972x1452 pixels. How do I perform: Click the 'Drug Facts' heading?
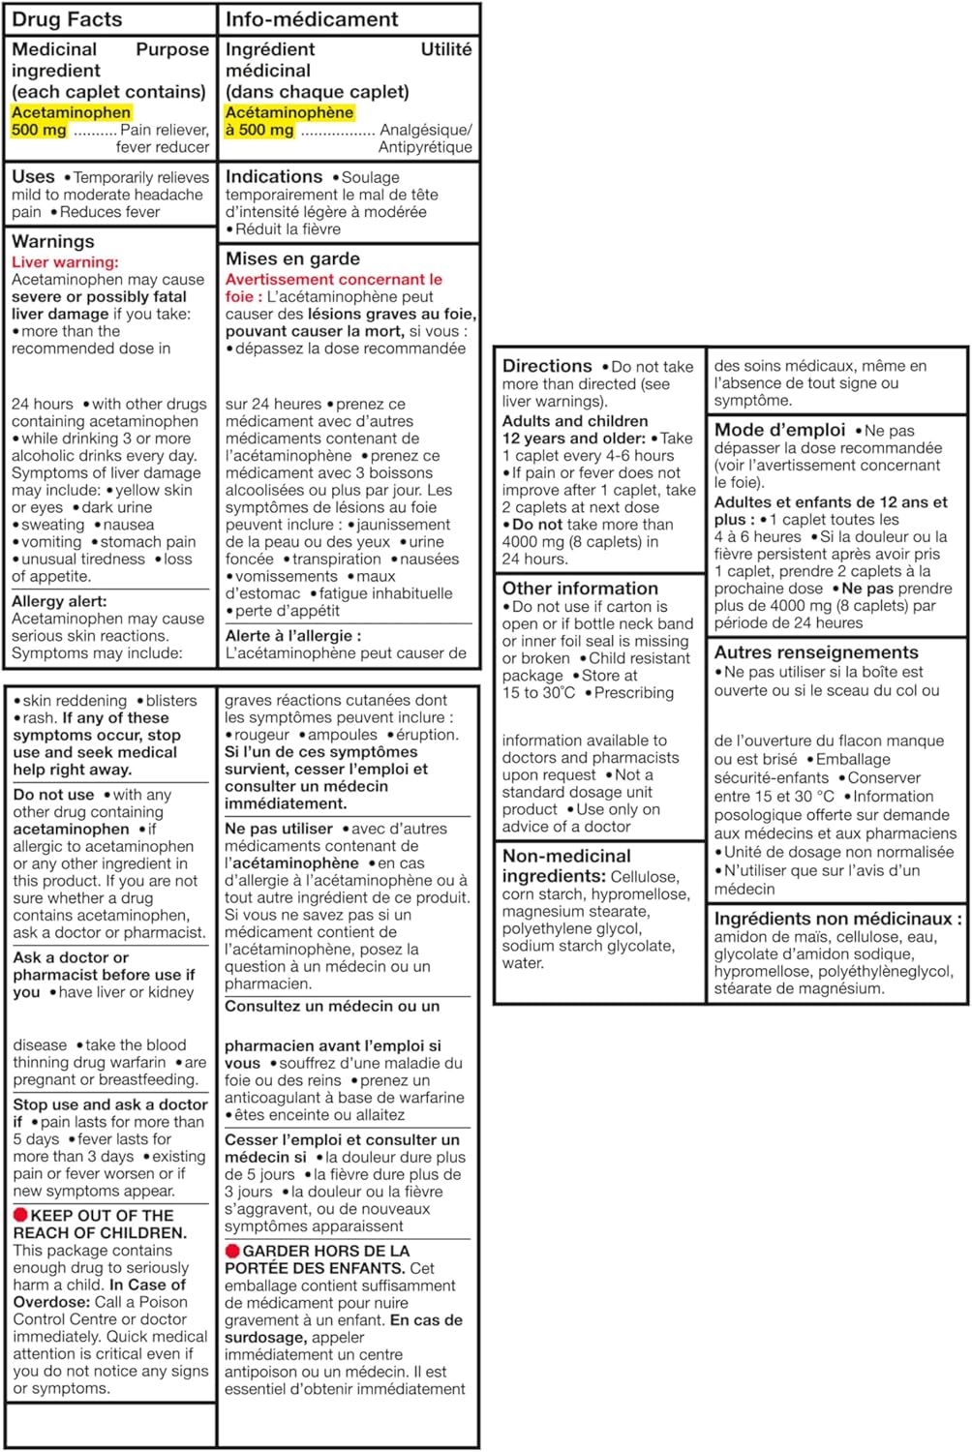click(x=67, y=19)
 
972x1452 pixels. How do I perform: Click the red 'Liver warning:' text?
click(x=65, y=262)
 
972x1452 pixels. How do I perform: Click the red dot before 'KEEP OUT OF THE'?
click(x=20, y=1215)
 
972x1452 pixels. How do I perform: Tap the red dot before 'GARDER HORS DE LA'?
click(x=232, y=1251)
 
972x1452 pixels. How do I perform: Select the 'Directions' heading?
click(x=547, y=366)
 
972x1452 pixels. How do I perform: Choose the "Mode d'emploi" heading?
click(x=779, y=430)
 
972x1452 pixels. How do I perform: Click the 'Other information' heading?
click(x=580, y=589)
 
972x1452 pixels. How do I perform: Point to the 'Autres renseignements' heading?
click(x=816, y=652)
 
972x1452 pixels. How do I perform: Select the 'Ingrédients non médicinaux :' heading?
click(x=838, y=919)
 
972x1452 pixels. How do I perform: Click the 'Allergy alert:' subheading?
click(x=60, y=601)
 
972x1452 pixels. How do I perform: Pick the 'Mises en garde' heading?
click(x=292, y=258)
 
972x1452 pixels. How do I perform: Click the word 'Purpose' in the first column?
click(x=171, y=49)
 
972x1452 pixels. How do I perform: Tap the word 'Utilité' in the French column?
click(x=446, y=49)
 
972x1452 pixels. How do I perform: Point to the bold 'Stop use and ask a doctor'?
click(x=110, y=1104)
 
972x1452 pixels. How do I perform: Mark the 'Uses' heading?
click(x=33, y=177)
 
